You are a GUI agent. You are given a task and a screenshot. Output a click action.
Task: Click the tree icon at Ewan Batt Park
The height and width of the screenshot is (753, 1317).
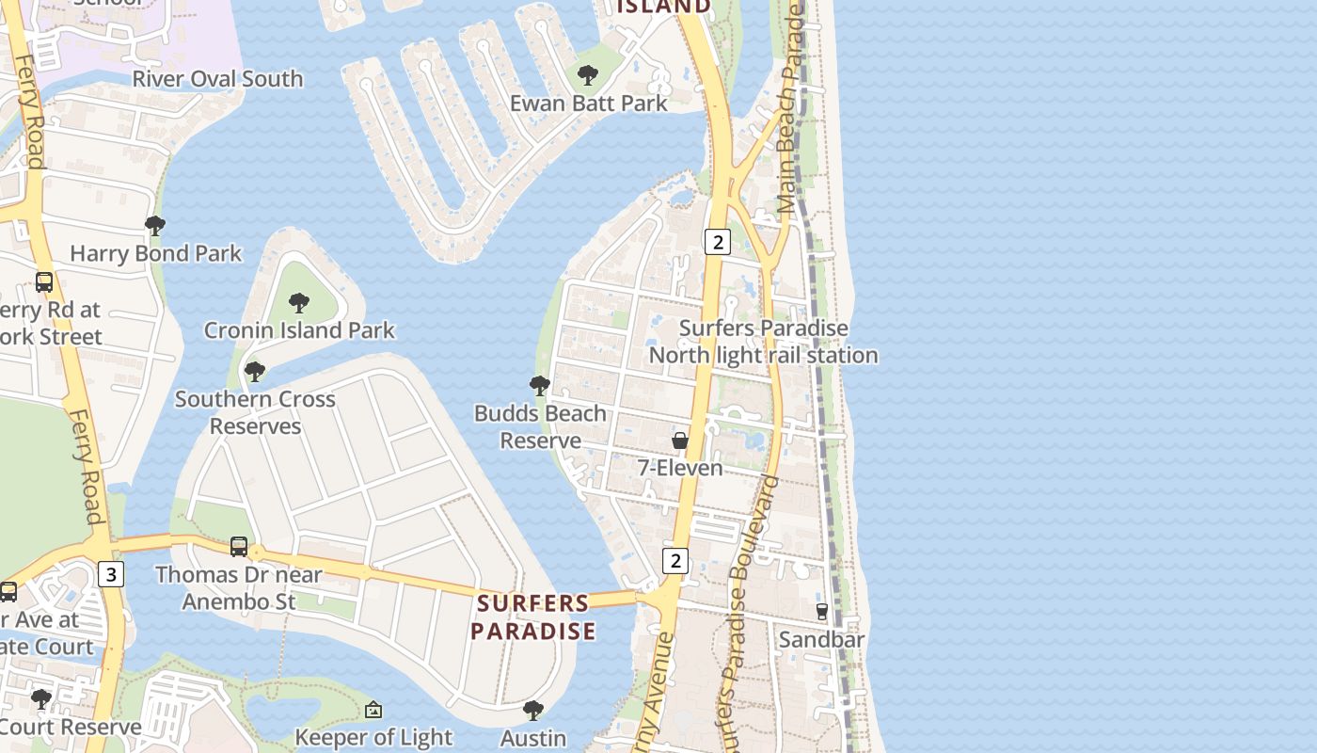tap(588, 74)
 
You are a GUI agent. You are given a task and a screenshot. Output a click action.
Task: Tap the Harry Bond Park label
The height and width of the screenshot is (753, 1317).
tap(155, 253)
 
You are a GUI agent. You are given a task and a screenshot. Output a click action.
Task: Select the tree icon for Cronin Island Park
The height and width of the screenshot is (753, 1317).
tap(299, 302)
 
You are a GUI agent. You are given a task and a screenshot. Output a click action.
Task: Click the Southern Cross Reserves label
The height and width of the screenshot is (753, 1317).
tap(255, 412)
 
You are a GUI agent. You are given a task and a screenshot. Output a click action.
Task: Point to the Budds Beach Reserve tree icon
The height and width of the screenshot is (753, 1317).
tap(539, 385)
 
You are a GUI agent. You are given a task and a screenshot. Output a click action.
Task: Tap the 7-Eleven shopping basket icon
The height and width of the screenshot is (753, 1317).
tap(680, 441)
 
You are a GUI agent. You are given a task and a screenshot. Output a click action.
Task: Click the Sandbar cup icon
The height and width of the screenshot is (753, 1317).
tap(822, 612)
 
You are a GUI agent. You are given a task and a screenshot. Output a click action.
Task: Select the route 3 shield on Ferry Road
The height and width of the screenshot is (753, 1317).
tap(111, 574)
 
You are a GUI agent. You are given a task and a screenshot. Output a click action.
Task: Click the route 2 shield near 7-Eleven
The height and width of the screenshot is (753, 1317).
tap(674, 561)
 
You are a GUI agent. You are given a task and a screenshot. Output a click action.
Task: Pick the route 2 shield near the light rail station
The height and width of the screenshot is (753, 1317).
tap(717, 242)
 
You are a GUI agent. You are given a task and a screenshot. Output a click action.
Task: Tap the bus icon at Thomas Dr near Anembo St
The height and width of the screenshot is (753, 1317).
tap(239, 547)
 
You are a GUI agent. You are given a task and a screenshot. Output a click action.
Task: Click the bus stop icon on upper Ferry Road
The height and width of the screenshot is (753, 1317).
tap(44, 281)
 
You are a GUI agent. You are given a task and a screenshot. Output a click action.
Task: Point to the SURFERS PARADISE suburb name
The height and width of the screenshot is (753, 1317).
tap(533, 617)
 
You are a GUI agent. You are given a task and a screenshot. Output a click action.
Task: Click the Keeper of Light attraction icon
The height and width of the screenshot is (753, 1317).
tap(373, 710)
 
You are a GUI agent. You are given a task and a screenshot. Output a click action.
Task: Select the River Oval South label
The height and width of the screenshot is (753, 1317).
tap(217, 79)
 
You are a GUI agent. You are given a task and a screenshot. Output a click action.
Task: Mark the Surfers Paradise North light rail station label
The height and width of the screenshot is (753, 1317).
tap(763, 342)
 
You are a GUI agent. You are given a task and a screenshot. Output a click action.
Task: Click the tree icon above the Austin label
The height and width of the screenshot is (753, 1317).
tap(533, 710)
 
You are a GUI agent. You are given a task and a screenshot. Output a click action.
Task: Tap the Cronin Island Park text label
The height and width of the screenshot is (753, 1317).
tap(299, 330)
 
